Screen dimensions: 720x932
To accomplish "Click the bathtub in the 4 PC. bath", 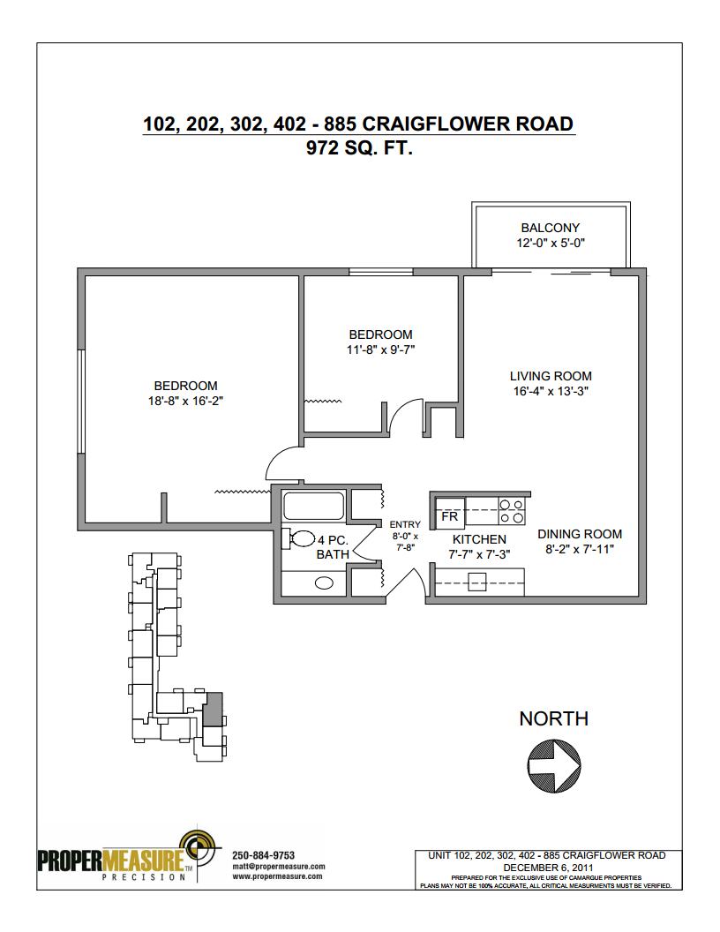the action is (x=313, y=505).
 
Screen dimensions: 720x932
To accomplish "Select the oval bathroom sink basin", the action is (x=324, y=583).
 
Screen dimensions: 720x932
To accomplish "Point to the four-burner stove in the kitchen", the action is (x=512, y=512).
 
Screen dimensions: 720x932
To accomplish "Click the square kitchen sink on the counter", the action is (x=477, y=582).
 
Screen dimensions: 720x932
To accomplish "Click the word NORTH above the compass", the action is (x=553, y=718).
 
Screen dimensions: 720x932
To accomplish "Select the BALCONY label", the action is (x=550, y=228).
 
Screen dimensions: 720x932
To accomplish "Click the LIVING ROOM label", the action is (x=551, y=376).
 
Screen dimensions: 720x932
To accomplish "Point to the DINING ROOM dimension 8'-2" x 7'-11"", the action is (x=579, y=549).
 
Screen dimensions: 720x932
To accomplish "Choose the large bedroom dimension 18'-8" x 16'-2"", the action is (x=185, y=401).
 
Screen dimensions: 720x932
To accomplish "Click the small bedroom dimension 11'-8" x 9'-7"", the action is (x=380, y=349).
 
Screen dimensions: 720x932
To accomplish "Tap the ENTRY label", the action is (x=404, y=524).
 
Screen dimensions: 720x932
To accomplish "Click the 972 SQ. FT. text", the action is (x=359, y=147).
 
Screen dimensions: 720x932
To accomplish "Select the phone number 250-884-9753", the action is (x=263, y=855).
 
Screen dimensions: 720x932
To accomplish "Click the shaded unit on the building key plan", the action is (x=212, y=709).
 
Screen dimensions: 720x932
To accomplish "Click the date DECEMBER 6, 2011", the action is (x=548, y=868).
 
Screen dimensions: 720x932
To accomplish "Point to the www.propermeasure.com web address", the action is (x=277, y=876).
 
